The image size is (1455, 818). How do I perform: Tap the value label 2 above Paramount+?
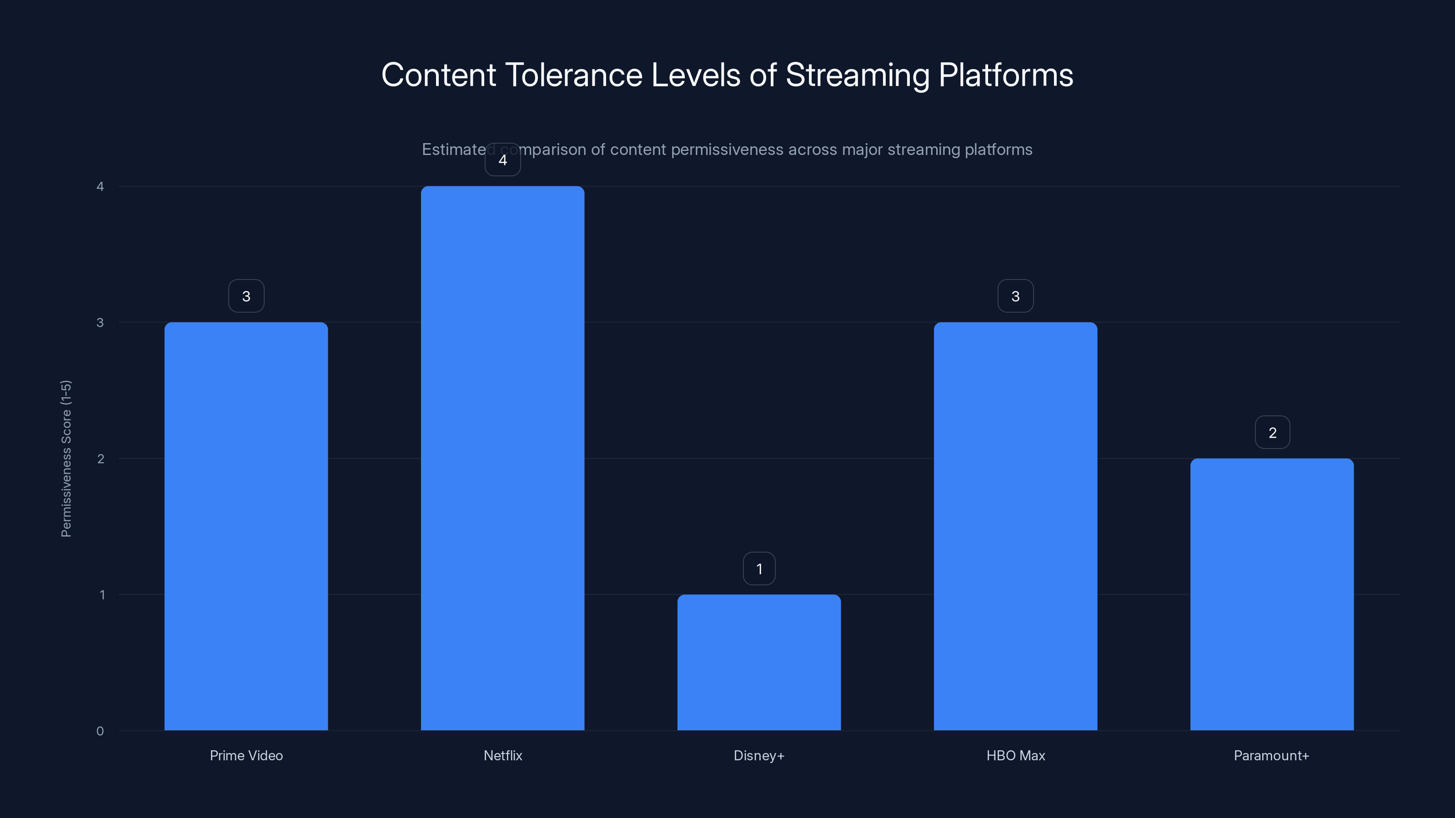click(x=1272, y=433)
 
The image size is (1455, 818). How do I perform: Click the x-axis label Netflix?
click(x=503, y=755)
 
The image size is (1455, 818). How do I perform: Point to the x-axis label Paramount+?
click(x=1271, y=755)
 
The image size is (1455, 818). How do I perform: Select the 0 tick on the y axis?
click(x=100, y=731)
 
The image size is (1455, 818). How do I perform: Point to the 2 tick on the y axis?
click(x=100, y=459)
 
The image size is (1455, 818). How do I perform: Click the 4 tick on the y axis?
click(x=100, y=186)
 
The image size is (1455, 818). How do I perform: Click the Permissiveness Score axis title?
click(x=66, y=459)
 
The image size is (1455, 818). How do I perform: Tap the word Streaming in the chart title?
click(x=857, y=75)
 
